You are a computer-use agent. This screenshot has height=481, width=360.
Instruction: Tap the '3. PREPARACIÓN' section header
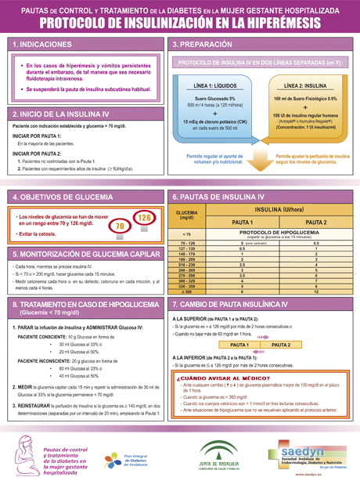pyautogui.click(x=205, y=45)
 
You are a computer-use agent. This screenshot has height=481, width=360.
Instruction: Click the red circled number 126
pyautogui.click(x=144, y=217)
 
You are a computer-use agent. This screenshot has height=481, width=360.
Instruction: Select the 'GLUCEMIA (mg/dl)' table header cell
pyautogui.click(x=186, y=215)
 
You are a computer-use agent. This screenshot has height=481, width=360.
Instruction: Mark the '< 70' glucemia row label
pyautogui.click(x=186, y=234)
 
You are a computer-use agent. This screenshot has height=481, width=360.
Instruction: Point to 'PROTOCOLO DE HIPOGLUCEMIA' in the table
pyautogui.click(x=278, y=233)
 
